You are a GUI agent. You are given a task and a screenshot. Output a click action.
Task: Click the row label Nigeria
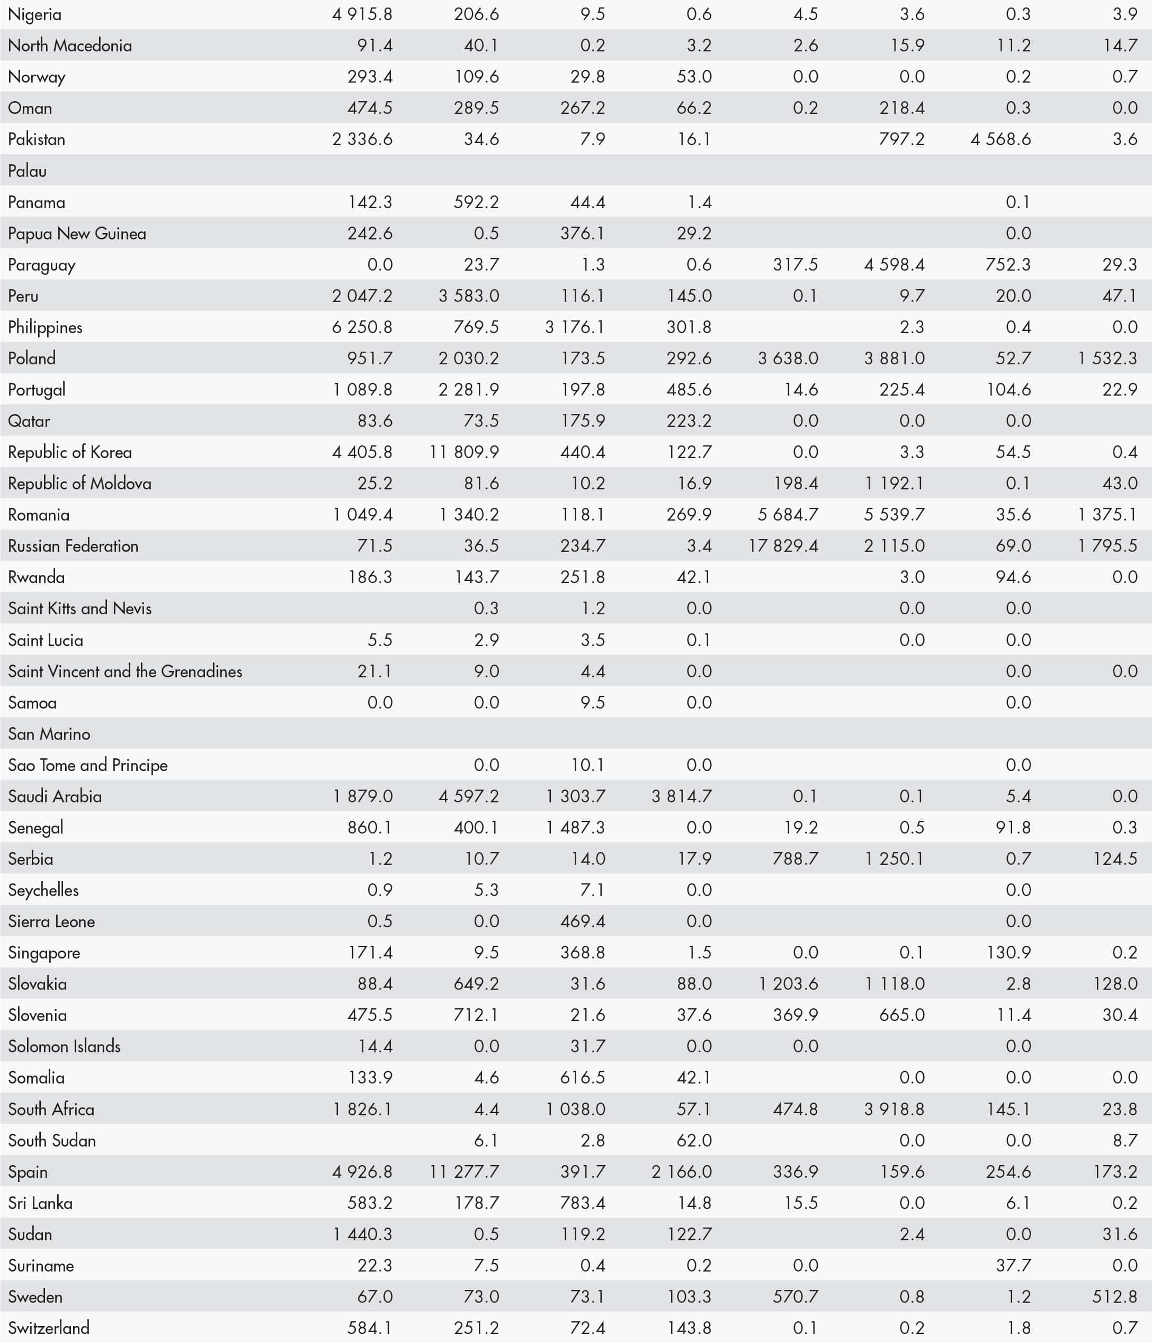34,14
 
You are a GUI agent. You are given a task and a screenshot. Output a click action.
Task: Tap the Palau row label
27,171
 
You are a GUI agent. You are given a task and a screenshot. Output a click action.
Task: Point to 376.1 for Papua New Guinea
582,234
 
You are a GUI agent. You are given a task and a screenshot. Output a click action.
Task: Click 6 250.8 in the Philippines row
362,327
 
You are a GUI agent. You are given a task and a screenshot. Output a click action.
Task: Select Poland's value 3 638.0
788,359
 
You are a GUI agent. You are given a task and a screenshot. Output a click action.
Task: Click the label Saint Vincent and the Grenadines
125,671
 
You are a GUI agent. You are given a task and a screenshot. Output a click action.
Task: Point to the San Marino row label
49,733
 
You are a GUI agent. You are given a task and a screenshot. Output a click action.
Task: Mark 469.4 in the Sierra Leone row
582,921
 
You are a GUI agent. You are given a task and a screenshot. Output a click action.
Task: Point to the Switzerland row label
49,1328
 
